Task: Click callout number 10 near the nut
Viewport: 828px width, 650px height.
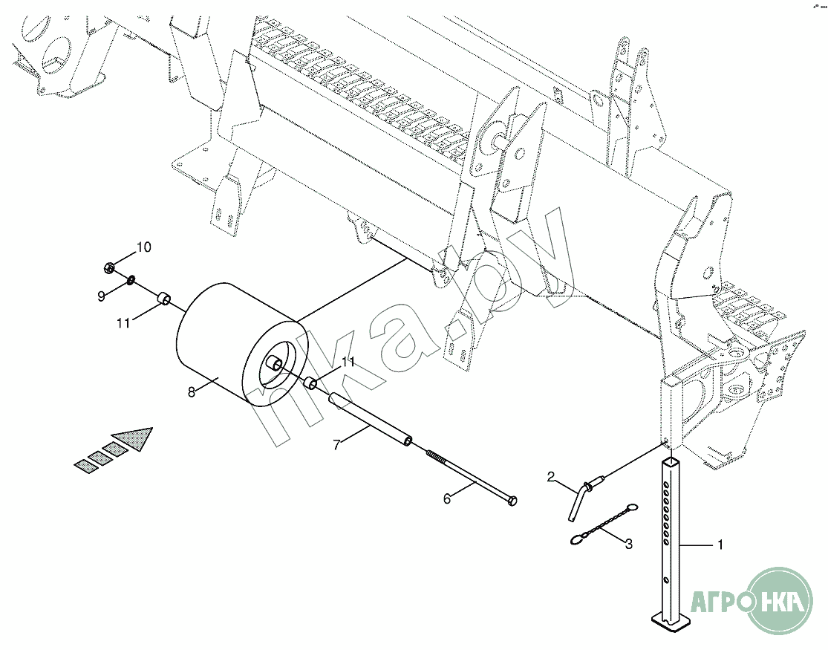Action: (x=143, y=247)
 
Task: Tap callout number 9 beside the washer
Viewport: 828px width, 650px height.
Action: (x=102, y=296)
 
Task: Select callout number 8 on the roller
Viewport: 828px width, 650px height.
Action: (x=191, y=391)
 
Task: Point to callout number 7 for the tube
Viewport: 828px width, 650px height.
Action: (x=337, y=445)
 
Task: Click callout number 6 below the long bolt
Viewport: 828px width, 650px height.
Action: (x=447, y=498)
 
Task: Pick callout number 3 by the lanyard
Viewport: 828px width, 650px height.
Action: (x=628, y=544)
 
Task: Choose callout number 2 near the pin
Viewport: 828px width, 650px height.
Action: (x=551, y=477)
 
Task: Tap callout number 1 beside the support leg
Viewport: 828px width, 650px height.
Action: (x=720, y=545)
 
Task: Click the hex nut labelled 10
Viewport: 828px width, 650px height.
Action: (x=110, y=268)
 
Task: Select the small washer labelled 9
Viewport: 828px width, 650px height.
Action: (x=130, y=279)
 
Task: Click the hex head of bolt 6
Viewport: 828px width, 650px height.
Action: (x=512, y=501)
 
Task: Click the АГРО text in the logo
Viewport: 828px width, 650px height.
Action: (x=721, y=600)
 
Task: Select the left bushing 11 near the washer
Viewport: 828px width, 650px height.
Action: (x=164, y=299)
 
